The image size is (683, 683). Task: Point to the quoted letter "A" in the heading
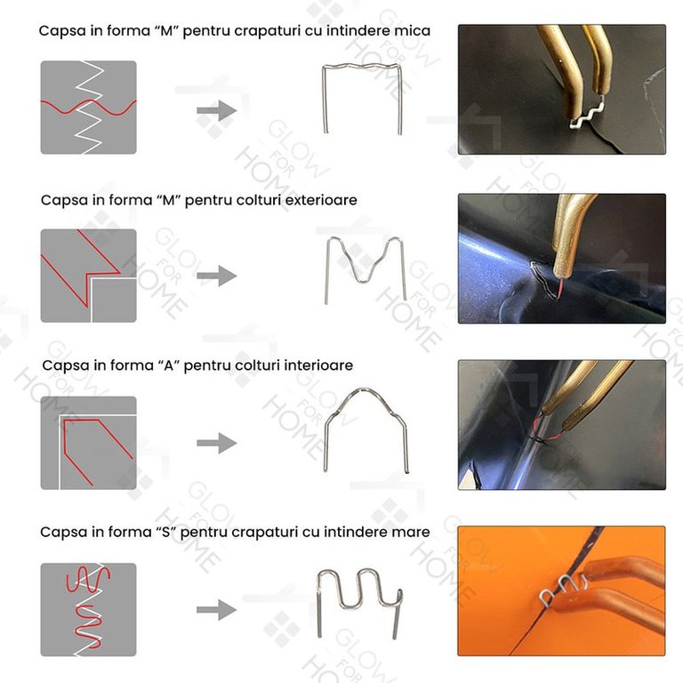169,365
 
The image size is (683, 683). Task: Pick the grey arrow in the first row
216,110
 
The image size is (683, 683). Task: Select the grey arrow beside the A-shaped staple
216,444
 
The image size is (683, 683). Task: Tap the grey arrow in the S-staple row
216,610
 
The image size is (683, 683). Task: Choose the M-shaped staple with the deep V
326,270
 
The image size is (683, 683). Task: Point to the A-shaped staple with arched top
365,390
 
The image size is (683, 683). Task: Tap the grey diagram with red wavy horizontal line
88,107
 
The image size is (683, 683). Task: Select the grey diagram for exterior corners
88,276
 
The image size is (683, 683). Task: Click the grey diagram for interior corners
88,443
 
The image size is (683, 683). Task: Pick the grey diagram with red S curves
88,610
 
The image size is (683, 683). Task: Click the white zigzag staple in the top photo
587,113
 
